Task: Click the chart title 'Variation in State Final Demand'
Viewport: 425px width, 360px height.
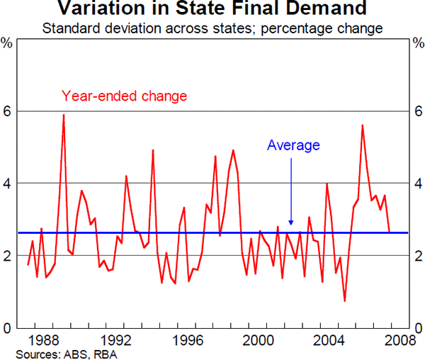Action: click(x=212, y=10)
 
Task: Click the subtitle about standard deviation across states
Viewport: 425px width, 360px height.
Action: click(x=212, y=29)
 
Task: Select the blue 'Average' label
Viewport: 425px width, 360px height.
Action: click(x=293, y=146)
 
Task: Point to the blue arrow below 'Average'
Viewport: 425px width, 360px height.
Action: click(x=291, y=213)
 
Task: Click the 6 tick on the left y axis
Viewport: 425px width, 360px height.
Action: click(x=9, y=111)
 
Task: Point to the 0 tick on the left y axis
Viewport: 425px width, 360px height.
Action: click(x=9, y=328)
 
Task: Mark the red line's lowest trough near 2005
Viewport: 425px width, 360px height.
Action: click(x=344, y=301)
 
